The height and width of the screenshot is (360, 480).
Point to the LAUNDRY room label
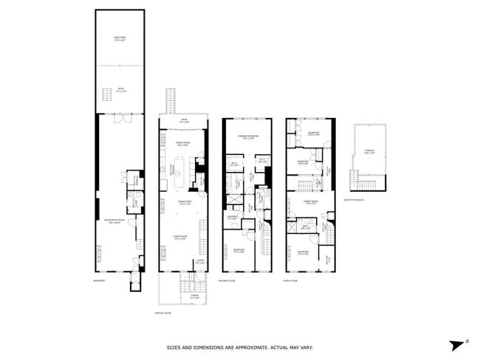pyautogui.click(x=233, y=218)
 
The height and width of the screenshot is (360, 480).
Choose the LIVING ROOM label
pyautogui.click(x=179, y=237)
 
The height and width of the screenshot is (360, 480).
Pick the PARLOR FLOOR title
pyautogui.click(x=163, y=312)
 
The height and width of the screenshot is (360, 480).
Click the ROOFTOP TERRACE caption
pyautogui.click(x=355, y=200)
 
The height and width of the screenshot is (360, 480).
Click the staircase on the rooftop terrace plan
pyautogui.click(x=354, y=180)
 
